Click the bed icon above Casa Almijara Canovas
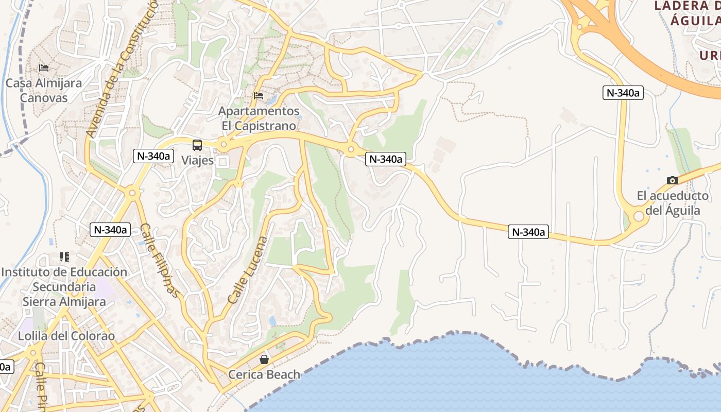[44, 67]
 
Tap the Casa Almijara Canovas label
[44, 90]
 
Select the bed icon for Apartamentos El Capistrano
[259, 96]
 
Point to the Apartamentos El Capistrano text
[259, 118]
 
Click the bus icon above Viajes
[197, 145]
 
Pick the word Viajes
[197, 160]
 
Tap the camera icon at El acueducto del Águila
[672, 180]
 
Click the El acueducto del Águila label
[673, 203]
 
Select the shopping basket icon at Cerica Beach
[264, 359]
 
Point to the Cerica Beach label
[264, 374]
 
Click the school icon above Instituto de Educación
[64, 256]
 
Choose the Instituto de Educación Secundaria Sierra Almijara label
[64, 286]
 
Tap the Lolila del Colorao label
[66, 336]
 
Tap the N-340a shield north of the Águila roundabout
[623, 93]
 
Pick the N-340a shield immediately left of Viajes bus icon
[153, 156]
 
